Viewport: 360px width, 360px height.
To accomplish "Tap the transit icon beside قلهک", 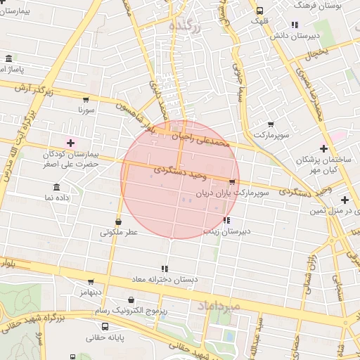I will [x=260, y=11].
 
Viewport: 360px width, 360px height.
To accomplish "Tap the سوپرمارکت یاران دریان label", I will [x=252, y=191].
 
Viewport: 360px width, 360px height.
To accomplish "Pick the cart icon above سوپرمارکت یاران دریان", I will [x=232, y=182].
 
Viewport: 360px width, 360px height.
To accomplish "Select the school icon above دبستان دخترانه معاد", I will [x=165, y=269].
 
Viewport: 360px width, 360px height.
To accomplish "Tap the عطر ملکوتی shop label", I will [x=119, y=231].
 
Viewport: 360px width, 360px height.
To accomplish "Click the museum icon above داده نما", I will [x=56, y=187].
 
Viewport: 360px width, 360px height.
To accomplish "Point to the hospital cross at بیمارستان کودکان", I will [x=70, y=143].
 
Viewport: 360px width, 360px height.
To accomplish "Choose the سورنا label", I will [x=85, y=110].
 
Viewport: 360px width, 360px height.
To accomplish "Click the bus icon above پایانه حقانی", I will [x=105, y=327].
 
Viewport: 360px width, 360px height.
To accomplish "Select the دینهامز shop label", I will [x=91, y=292].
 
